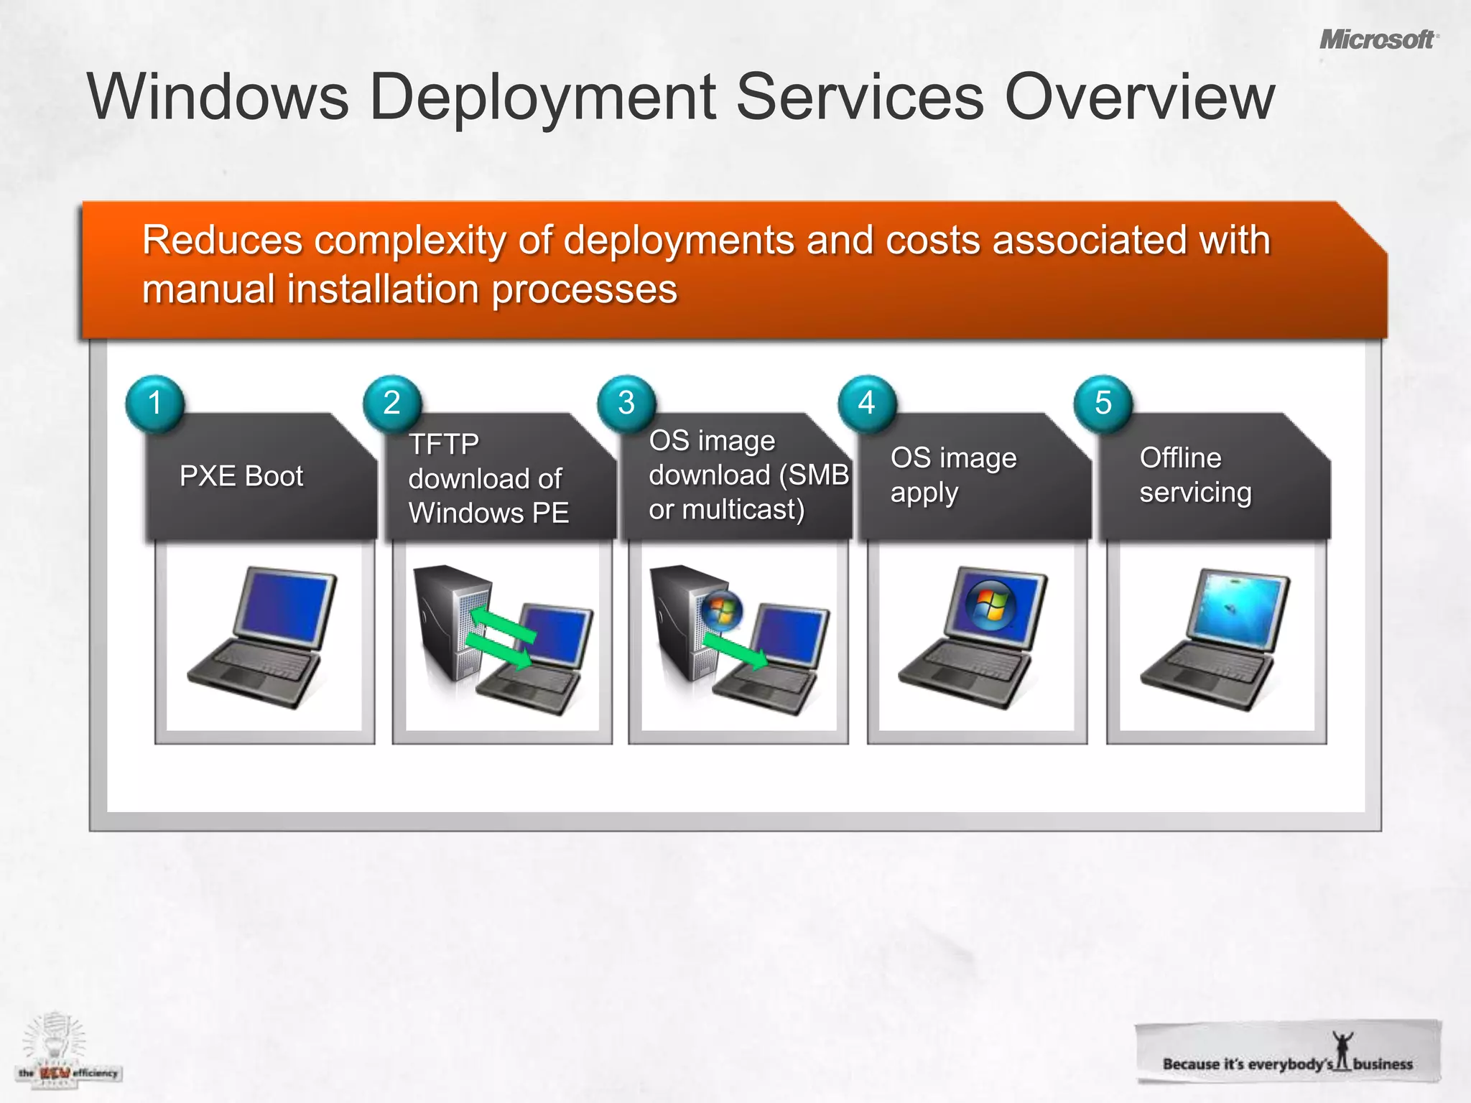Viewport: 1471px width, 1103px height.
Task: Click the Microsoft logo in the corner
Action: tap(1378, 39)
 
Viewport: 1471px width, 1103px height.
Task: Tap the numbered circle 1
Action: tap(155, 403)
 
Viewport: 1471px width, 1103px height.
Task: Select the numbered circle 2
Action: tap(391, 403)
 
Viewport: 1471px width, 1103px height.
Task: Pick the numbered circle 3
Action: tap(626, 403)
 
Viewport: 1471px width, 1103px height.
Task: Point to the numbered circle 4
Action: tap(867, 403)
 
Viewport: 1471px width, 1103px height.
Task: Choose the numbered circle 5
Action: tap(1103, 403)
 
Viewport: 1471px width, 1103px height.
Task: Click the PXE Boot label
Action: tap(241, 476)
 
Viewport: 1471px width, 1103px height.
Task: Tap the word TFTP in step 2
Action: tap(444, 445)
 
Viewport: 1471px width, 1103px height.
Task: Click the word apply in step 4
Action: tap(924, 493)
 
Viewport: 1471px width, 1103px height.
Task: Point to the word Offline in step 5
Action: tap(1180, 458)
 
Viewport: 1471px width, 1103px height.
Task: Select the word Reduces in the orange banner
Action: tap(222, 240)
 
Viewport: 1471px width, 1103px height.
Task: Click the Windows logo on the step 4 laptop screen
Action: tap(990, 605)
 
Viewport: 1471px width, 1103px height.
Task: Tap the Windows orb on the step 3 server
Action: tap(722, 611)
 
